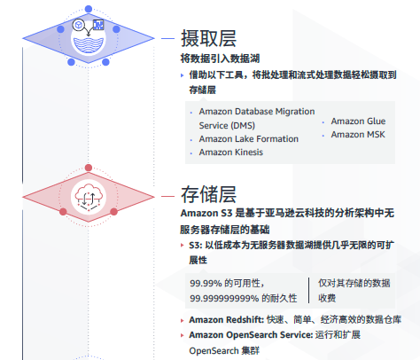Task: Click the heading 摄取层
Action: (x=208, y=38)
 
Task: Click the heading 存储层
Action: (x=208, y=194)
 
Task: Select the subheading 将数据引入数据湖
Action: (x=220, y=59)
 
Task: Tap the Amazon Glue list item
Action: (x=358, y=121)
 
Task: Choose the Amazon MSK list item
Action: (x=358, y=135)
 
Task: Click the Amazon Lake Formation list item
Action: (x=249, y=138)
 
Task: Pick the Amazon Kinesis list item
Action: (x=231, y=153)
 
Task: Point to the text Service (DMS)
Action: (x=227, y=125)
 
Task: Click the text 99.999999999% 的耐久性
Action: (x=244, y=298)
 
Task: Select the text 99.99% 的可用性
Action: (x=227, y=283)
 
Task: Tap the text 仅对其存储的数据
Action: (x=354, y=283)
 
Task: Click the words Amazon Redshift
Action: (x=226, y=319)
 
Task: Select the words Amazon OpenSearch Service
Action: (x=251, y=335)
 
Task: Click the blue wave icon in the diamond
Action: (x=89, y=44)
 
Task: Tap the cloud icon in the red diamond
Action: (x=89, y=197)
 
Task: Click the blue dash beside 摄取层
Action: (x=167, y=38)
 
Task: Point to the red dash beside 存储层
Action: (x=167, y=196)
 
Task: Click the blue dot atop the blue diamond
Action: (x=89, y=9)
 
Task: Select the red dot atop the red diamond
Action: (x=89, y=168)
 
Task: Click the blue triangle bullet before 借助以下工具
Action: (x=183, y=75)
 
